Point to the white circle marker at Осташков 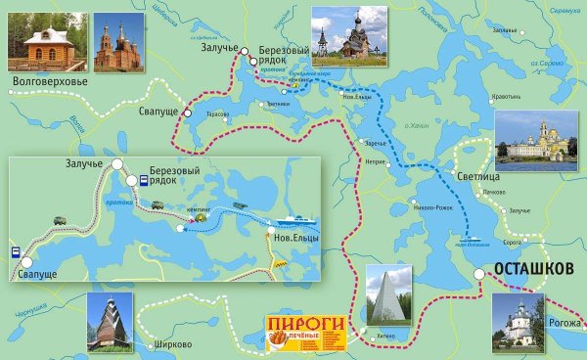click(x=479, y=275)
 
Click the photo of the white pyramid click(x=388, y=292)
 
